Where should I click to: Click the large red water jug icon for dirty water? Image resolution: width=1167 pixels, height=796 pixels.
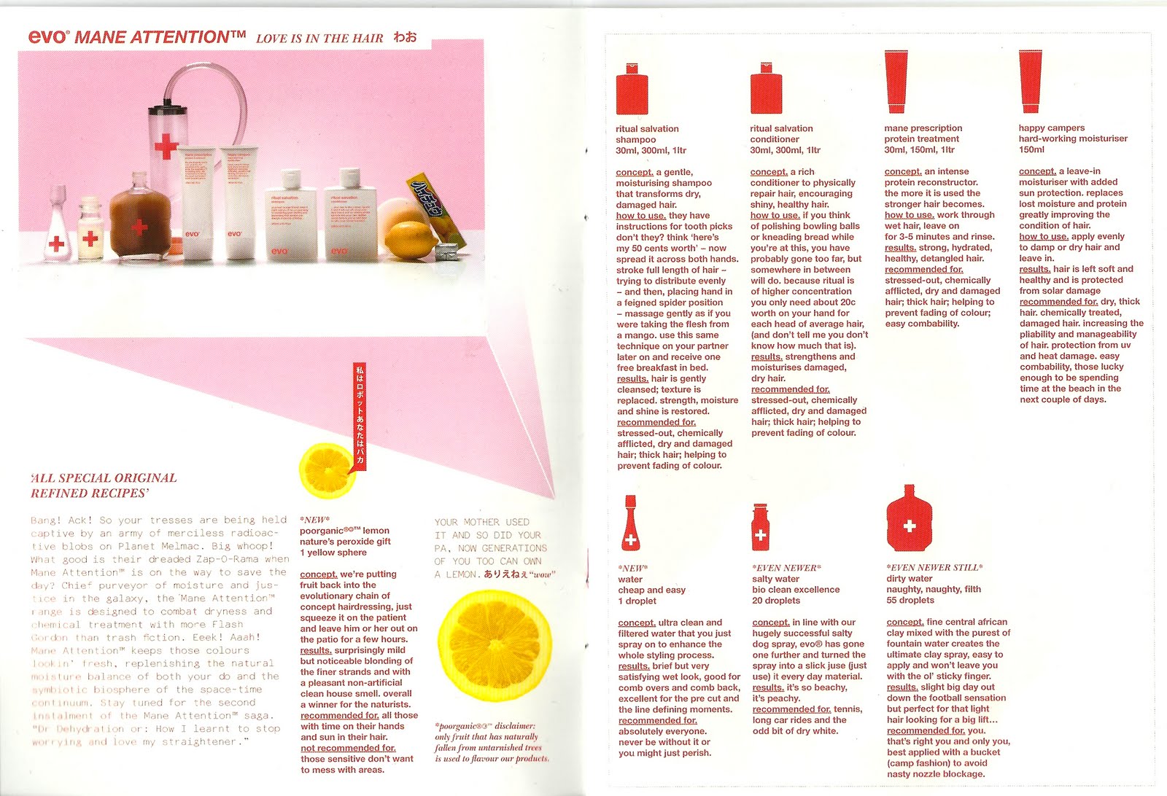point(909,519)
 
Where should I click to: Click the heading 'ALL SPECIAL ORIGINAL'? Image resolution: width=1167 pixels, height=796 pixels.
point(104,478)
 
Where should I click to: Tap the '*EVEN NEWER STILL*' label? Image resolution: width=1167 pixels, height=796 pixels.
point(934,567)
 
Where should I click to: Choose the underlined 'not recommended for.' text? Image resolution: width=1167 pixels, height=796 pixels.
point(348,748)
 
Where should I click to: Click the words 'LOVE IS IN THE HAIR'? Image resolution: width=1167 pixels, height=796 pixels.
point(319,39)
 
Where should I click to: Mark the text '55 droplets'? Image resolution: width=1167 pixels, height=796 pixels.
point(910,601)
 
